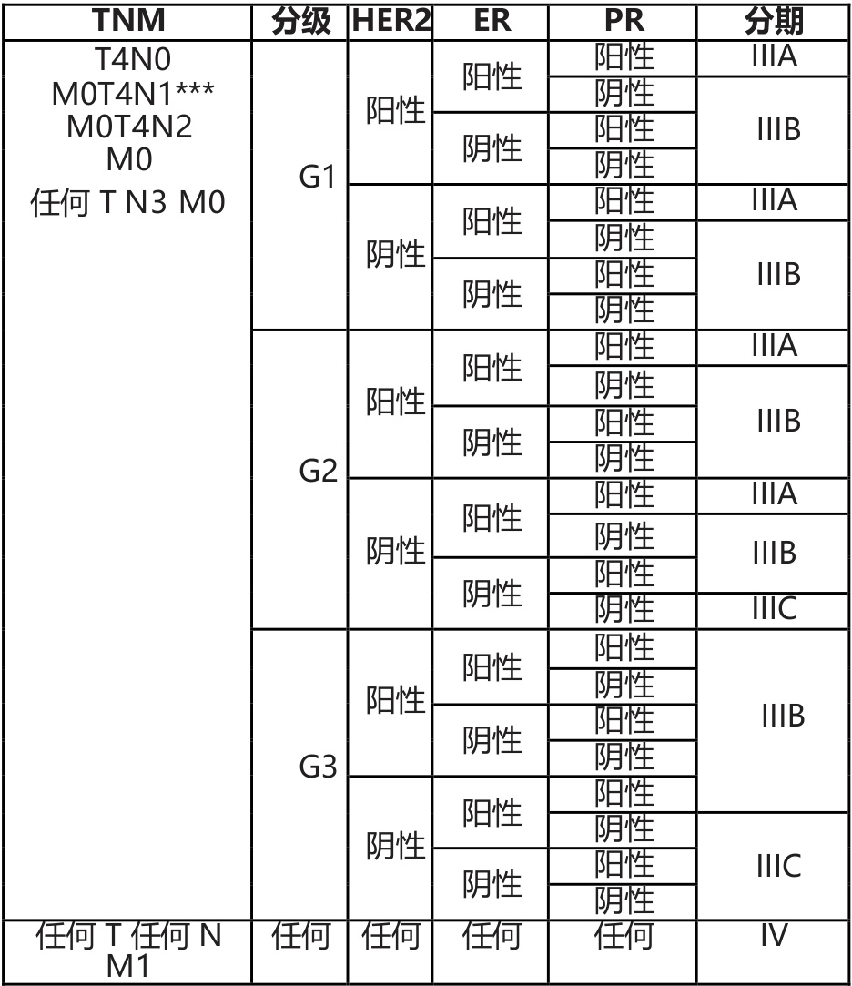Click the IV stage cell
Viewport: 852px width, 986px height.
pos(775,935)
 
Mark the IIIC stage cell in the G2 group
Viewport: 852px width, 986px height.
pos(775,608)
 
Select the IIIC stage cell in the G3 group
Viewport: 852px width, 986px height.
pos(778,866)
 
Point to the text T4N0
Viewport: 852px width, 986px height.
pos(127,60)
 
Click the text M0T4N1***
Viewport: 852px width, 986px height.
pos(127,94)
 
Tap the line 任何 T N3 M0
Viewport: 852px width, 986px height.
pos(127,198)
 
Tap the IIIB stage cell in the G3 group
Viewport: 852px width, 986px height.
pos(783,717)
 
